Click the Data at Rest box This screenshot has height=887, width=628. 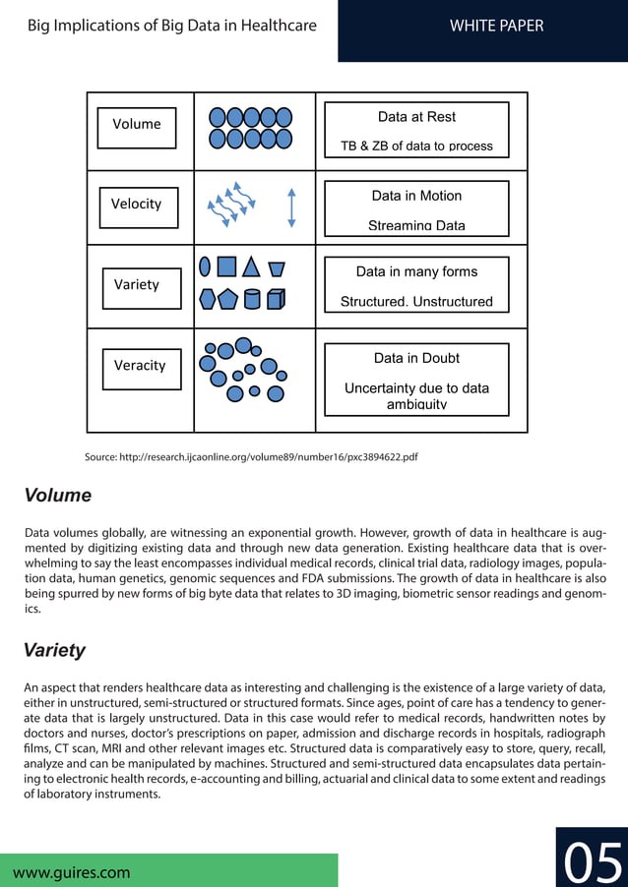click(416, 130)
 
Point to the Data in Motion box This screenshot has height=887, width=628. click(416, 208)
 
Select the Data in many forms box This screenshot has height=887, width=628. click(416, 285)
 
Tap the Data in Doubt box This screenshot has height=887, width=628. click(416, 379)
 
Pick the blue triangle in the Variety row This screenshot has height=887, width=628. click(251, 266)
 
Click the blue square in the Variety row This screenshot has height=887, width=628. click(226, 266)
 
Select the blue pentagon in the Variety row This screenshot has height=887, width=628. click(228, 299)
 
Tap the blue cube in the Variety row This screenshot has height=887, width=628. click(277, 299)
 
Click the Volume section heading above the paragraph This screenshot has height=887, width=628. click(58, 496)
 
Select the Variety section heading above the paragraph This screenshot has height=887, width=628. click(55, 650)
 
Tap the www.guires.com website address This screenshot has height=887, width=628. click(72, 871)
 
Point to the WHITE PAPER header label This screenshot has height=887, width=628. click(496, 26)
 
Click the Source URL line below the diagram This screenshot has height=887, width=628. click(251, 457)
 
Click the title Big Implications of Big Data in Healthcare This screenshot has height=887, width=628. click(172, 26)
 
